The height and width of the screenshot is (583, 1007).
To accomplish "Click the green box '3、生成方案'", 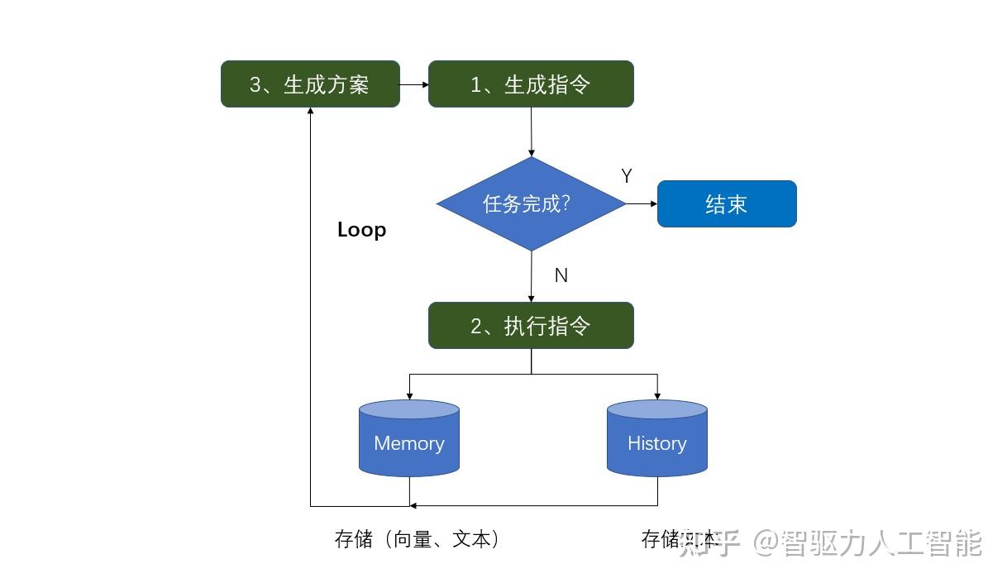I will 310,84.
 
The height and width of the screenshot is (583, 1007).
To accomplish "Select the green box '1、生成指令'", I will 531,84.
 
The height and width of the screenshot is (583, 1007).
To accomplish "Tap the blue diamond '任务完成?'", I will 531,203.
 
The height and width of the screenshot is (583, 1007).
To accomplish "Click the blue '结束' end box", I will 727,204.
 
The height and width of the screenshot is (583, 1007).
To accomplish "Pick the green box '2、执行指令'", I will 531,325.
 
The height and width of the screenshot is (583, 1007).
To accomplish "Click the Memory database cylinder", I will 409,439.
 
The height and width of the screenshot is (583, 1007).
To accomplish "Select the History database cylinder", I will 657,439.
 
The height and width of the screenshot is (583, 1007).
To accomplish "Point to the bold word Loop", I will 361,230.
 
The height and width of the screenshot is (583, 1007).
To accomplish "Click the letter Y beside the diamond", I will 627,176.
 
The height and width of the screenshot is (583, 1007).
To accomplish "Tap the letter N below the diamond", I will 561,275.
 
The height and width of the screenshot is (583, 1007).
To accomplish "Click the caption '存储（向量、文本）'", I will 418,539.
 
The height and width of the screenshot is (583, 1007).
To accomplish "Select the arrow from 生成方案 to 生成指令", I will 413,84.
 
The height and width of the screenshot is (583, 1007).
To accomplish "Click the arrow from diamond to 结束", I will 642,203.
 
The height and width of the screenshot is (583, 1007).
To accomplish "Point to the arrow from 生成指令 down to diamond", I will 531,131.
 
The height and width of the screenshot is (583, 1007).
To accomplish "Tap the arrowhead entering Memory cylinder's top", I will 409,395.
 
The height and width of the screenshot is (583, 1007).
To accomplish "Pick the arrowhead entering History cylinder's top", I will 657,395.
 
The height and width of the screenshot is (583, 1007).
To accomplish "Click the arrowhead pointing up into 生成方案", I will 310,112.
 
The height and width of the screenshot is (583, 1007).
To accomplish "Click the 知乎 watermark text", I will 709,543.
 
